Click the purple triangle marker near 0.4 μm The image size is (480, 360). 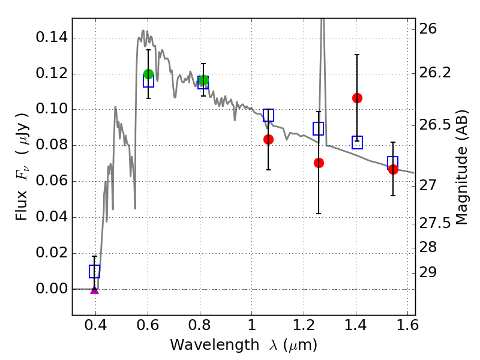(x=94, y=289)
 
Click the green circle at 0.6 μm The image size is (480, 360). (x=149, y=74)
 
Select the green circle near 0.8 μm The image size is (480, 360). (x=203, y=80)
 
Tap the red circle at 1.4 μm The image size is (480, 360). (x=357, y=98)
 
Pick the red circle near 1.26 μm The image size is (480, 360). (x=319, y=163)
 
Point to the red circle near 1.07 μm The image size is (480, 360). (x=268, y=139)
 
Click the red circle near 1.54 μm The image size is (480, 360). (x=393, y=169)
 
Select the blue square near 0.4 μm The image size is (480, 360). (x=94, y=271)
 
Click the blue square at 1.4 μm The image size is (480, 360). (x=357, y=142)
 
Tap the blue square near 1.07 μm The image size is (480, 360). (x=268, y=115)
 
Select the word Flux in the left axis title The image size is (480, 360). (x=22, y=191)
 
